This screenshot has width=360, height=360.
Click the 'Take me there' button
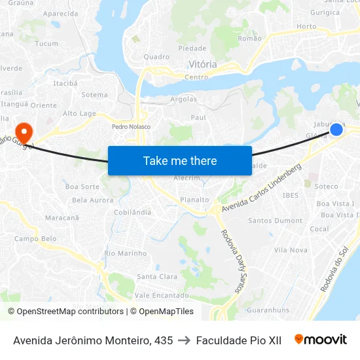pos(180,160)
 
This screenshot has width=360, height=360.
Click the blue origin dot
pos(336,129)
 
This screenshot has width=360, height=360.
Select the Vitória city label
pos(202,64)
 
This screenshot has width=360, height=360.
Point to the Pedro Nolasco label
pos(131,126)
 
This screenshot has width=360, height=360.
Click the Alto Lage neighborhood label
pos(79,113)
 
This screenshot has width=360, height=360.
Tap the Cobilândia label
pos(132,212)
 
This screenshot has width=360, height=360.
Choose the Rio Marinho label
pos(126,253)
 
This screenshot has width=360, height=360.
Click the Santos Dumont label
pos(275,221)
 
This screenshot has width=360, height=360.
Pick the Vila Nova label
pos(291,250)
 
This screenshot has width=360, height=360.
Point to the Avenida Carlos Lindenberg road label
pos(262,188)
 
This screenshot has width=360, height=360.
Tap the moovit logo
pos(321,340)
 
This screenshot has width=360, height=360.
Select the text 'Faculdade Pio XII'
pos(238,340)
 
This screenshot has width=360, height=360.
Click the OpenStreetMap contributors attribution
pos(65,312)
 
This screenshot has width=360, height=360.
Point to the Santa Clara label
pos(157,276)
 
